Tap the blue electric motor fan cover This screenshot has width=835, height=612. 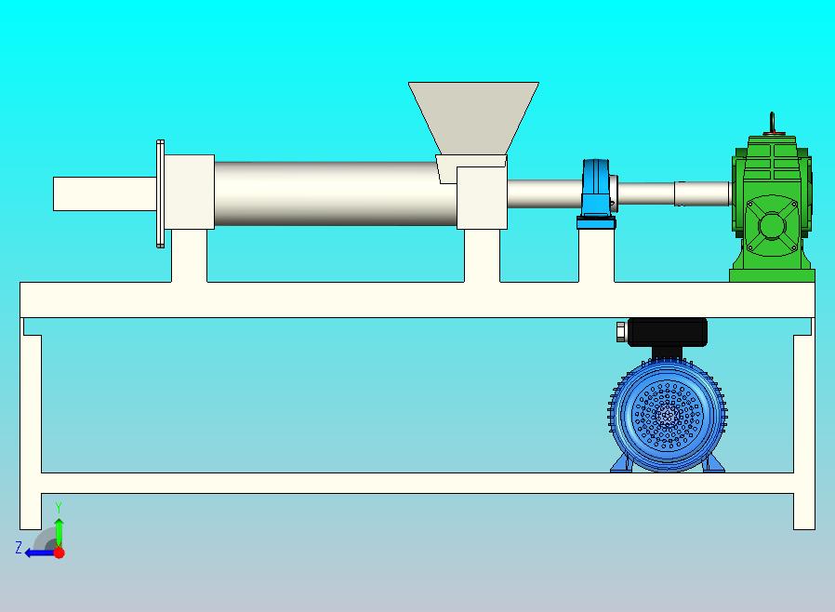668,416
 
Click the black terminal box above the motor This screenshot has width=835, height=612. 668,332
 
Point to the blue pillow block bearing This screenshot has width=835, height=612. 596,193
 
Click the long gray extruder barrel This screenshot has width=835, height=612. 336,193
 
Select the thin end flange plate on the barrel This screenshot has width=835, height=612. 160,193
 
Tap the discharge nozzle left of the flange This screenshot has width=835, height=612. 105,193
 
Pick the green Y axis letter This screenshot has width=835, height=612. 59,507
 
